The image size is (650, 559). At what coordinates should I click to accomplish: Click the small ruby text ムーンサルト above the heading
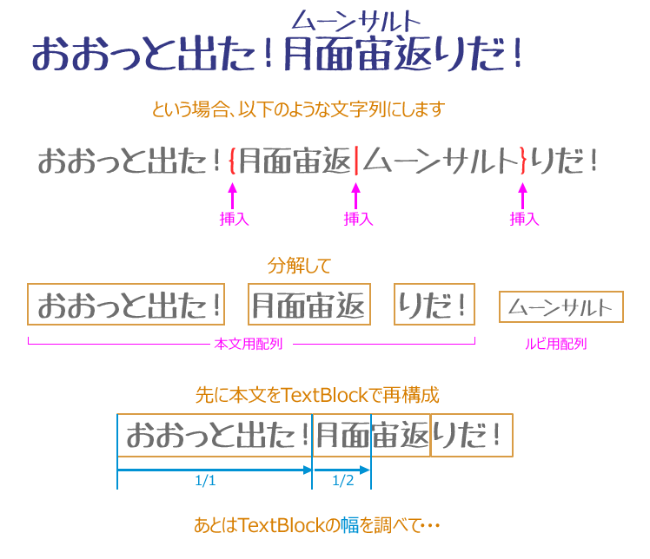point(355,20)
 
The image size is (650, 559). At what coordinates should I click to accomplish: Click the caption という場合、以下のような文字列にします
point(298,109)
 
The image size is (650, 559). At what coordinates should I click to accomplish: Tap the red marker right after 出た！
point(230,161)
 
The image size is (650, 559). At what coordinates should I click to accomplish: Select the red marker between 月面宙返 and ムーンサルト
point(355,161)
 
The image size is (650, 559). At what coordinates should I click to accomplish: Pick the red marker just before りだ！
point(523,161)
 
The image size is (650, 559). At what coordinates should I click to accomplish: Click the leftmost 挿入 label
point(234,219)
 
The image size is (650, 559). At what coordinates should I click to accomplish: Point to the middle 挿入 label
point(358,219)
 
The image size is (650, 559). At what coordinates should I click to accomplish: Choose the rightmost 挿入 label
point(524,219)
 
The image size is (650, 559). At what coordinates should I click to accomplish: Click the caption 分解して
point(298,265)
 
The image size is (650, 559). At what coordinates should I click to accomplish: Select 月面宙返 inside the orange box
point(308,306)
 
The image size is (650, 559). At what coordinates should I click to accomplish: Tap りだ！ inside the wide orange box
point(432,306)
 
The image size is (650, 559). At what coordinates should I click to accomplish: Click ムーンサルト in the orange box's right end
point(560,307)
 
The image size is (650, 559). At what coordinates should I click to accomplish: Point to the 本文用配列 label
point(248,344)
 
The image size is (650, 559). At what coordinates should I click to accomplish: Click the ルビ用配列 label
point(555,344)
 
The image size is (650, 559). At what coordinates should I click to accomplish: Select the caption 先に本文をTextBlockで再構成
point(316,396)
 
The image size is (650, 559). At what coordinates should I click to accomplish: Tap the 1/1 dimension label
point(205,481)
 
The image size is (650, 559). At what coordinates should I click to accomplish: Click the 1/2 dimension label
point(343,481)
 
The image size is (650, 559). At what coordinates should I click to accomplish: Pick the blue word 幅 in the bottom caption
point(349,525)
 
